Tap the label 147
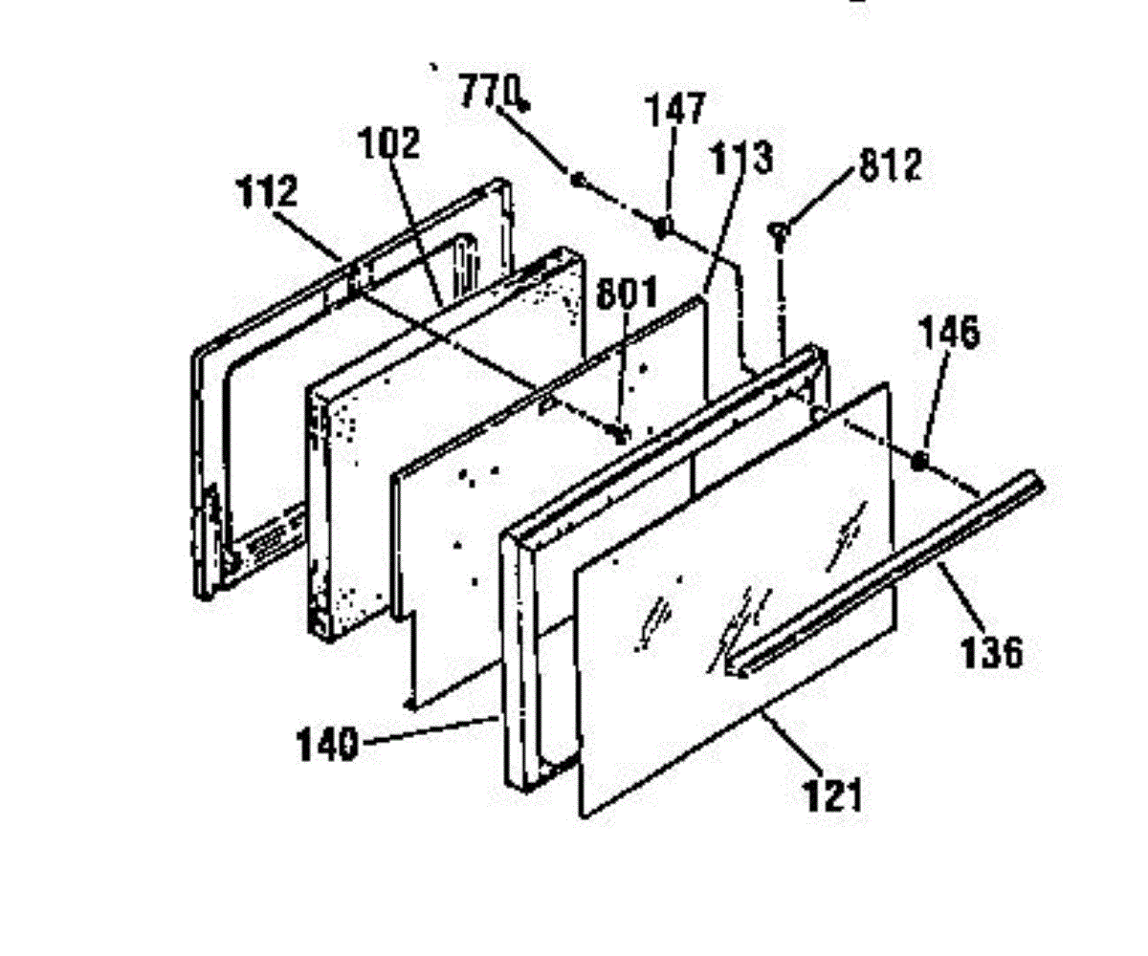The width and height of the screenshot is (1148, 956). click(x=676, y=109)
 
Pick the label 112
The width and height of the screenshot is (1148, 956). click(x=267, y=190)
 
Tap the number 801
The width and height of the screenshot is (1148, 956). click(x=627, y=293)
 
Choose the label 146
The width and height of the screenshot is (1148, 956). click(x=949, y=332)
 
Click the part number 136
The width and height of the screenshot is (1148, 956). click(x=992, y=652)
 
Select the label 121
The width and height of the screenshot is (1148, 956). click(x=833, y=795)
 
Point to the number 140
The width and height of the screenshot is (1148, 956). click(x=328, y=746)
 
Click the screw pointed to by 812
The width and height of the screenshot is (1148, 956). click(x=779, y=234)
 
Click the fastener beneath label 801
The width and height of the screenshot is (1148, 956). click(x=619, y=433)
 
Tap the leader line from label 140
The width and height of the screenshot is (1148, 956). click(x=429, y=730)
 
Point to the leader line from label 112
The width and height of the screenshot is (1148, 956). click(x=308, y=236)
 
